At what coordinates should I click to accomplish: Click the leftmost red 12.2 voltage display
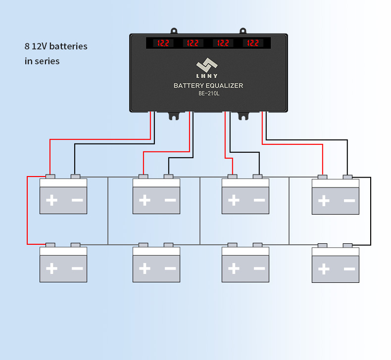click(x=163, y=43)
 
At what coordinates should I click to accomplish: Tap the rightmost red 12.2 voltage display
click(x=253, y=43)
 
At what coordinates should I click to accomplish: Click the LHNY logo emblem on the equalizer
click(x=207, y=65)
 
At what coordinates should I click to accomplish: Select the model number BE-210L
click(x=209, y=93)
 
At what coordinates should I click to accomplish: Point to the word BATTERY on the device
click(x=189, y=86)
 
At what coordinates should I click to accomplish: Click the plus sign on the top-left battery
click(x=52, y=200)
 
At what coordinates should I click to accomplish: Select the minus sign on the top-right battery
click(x=349, y=201)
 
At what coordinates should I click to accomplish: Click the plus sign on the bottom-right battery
click(x=324, y=269)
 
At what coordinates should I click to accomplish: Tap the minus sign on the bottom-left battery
click(x=77, y=269)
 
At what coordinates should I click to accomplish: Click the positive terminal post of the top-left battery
click(x=50, y=177)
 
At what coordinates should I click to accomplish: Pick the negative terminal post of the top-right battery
click(x=347, y=177)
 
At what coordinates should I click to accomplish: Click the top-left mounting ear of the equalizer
click(x=174, y=31)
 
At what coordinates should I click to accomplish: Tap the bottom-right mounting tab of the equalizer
click(x=244, y=116)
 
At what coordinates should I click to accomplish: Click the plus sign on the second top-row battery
click(x=145, y=200)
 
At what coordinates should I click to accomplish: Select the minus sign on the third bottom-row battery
click(x=259, y=269)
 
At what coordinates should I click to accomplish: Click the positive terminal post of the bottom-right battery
click(x=322, y=245)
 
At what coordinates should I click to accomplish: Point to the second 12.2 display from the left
click(x=193, y=43)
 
